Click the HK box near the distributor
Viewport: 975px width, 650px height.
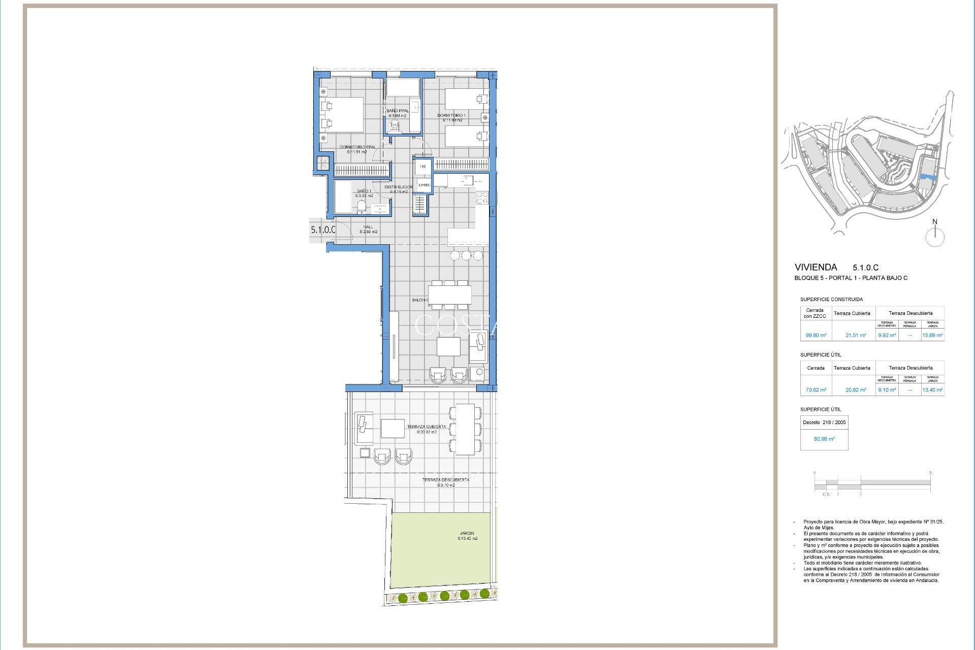click(423, 167)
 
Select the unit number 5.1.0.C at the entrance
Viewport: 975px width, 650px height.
click(323, 230)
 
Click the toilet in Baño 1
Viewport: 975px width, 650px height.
click(362, 206)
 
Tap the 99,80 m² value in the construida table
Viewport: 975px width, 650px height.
click(816, 335)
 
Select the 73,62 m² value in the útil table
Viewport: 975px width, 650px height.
click(816, 390)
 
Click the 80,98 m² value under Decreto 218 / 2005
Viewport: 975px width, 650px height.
click(824, 439)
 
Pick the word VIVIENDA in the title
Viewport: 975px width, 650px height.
click(816, 267)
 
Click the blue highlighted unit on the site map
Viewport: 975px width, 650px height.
click(928, 177)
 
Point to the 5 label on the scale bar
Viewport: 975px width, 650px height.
click(930, 473)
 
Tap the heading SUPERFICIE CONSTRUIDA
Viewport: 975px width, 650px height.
click(831, 300)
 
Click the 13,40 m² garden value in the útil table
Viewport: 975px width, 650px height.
click(932, 390)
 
